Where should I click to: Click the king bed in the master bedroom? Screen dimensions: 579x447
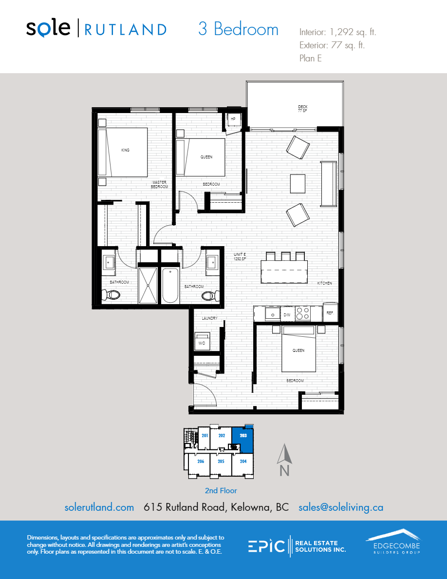pos(126,152)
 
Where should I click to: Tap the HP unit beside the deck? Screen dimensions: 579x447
pos(233,119)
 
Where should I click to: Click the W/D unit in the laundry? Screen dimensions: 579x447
pos(202,341)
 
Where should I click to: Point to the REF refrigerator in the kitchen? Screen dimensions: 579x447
pos(330,312)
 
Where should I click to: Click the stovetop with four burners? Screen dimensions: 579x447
pos(303,312)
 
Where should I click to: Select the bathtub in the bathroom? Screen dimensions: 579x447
pos(171,286)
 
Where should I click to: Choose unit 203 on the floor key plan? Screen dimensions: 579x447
pos(243,438)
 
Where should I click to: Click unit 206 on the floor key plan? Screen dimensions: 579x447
pos(200,461)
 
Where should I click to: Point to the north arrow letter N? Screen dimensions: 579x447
pos(285,471)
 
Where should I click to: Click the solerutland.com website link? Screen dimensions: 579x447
pos(99,507)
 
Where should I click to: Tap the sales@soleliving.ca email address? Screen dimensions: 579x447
pos(341,507)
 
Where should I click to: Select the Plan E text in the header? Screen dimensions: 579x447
pos(311,58)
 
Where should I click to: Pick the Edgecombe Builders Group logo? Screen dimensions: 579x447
pos(392,542)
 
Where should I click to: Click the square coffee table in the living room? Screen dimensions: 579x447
pos(298,183)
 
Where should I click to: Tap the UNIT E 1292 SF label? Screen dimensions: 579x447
pos(240,256)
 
